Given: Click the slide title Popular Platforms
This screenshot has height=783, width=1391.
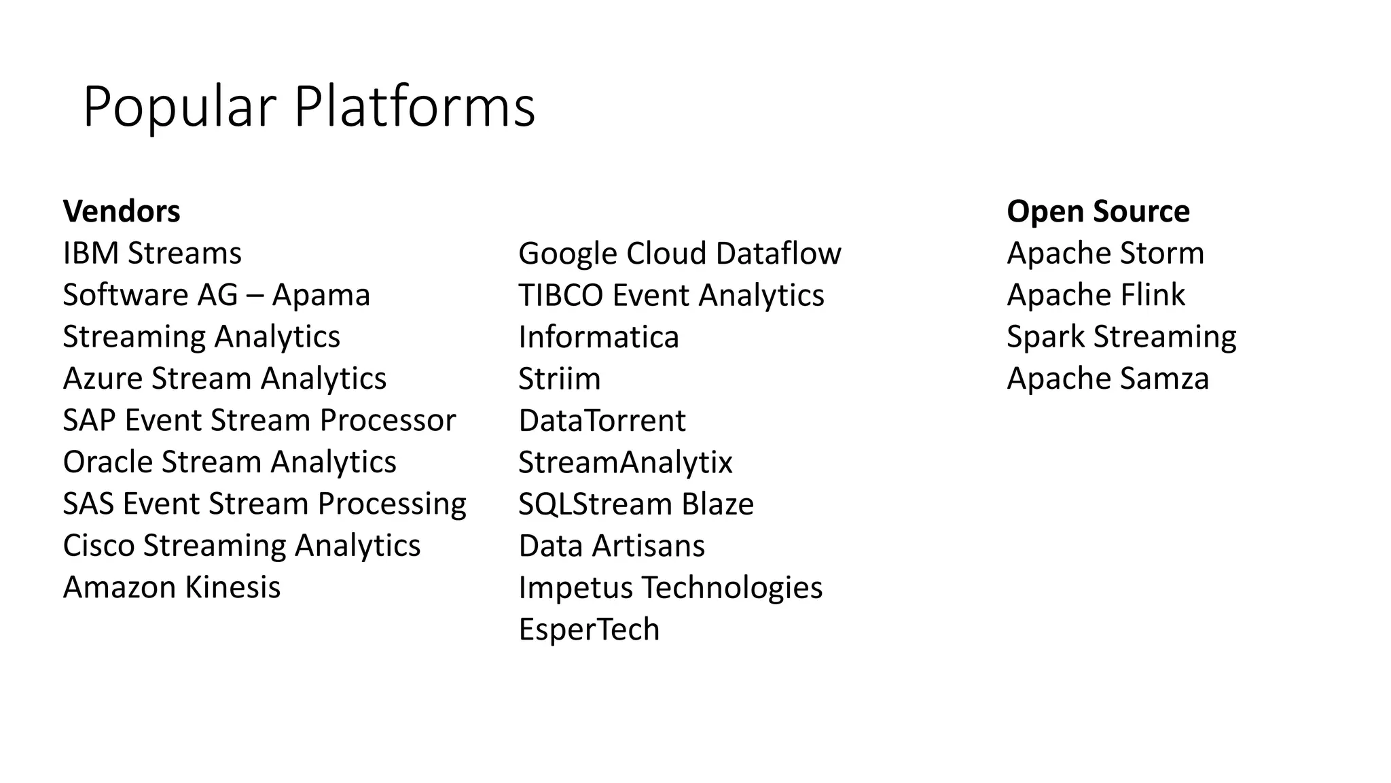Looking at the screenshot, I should (309, 107).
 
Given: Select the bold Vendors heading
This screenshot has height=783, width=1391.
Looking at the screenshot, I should (122, 211).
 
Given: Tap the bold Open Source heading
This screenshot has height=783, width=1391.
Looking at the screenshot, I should (1098, 211).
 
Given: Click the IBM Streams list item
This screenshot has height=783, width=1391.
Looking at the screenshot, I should (152, 254).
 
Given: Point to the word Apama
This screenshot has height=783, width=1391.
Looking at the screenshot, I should (321, 296).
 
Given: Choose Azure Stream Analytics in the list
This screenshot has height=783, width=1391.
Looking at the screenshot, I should (224, 379).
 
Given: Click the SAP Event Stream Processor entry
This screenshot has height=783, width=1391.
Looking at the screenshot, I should (259, 421).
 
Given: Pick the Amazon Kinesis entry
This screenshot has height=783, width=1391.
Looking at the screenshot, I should (171, 588).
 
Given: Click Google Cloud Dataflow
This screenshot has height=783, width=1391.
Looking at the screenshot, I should (679, 254).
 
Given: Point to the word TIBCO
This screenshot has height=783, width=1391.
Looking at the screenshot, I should (560, 296).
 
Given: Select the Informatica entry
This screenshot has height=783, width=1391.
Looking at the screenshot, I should (598, 337).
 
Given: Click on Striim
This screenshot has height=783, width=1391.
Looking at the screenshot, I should (559, 379).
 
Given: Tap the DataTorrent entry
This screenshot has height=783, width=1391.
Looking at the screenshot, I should (602, 421).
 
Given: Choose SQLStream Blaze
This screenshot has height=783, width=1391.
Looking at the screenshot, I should (636, 504).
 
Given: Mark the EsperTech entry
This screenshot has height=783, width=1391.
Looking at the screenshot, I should (589, 629).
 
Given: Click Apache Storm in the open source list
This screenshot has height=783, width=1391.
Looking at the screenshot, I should (1105, 254).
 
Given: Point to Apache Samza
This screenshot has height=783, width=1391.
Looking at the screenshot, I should (1108, 379).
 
